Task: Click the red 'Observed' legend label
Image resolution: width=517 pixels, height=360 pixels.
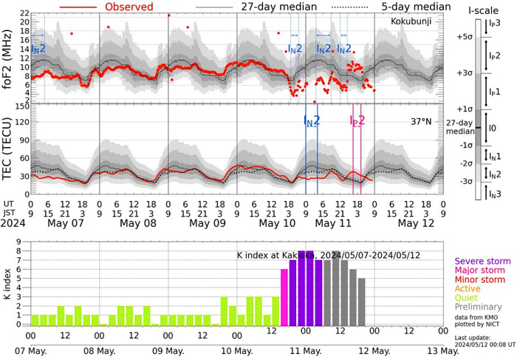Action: coord(129,7)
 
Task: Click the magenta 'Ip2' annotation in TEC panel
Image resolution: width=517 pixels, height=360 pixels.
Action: coord(357,120)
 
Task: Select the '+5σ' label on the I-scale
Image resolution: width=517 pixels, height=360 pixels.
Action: coord(464,36)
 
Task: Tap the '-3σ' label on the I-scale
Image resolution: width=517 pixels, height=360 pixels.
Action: coord(464,181)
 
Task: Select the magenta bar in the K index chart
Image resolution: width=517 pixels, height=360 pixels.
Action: coord(284,298)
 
